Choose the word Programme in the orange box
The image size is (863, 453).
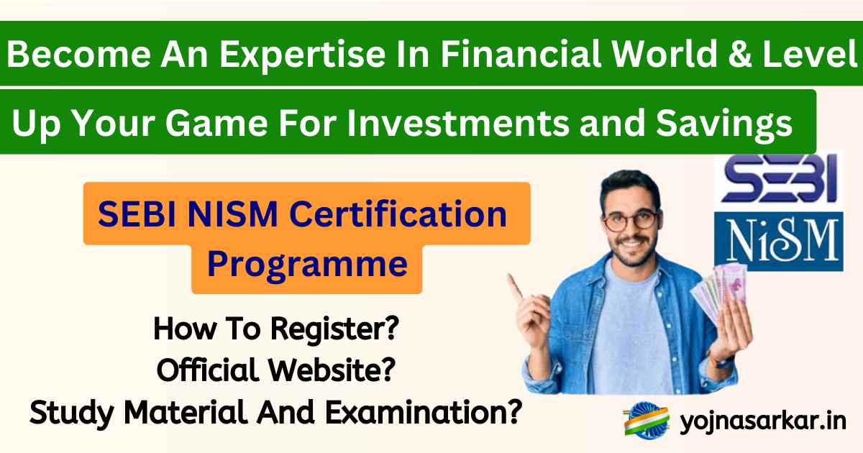pyautogui.click(x=307, y=264)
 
